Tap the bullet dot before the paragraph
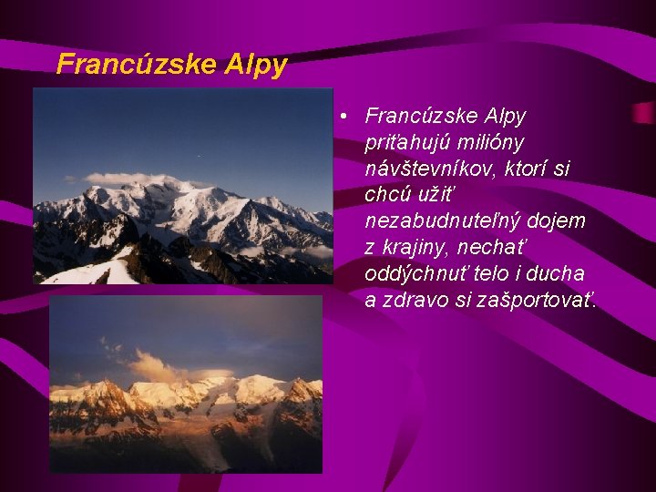[339, 117]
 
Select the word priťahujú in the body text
[404, 143]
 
